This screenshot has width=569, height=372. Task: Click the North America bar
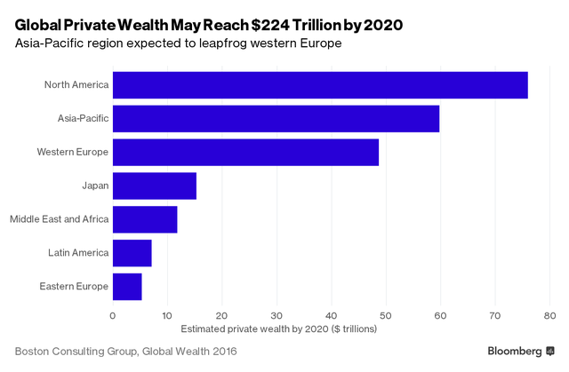click(x=320, y=85)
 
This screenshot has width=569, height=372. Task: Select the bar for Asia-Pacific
click(x=276, y=118)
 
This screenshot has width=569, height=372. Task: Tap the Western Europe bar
click(x=245, y=152)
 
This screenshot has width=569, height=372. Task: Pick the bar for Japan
click(x=155, y=186)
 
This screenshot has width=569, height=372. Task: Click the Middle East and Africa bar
click(x=145, y=219)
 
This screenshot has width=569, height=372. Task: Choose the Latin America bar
click(x=132, y=253)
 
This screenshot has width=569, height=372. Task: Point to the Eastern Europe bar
click(x=127, y=286)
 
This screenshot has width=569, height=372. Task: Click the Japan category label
click(x=94, y=186)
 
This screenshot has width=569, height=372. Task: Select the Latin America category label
click(x=78, y=253)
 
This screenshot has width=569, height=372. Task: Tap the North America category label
click(x=76, y=85)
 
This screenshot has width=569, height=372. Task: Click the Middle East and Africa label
click(x=59, y=219)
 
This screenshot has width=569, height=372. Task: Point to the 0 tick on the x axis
click(x=113, y=314)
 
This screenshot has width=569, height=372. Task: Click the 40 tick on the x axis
click(x=332, y=314)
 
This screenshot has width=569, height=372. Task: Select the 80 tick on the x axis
click(x=550, y=314)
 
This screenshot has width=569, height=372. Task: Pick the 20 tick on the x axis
click(x=222, y=314)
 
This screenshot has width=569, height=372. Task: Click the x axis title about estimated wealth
click(x=278, y=328)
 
